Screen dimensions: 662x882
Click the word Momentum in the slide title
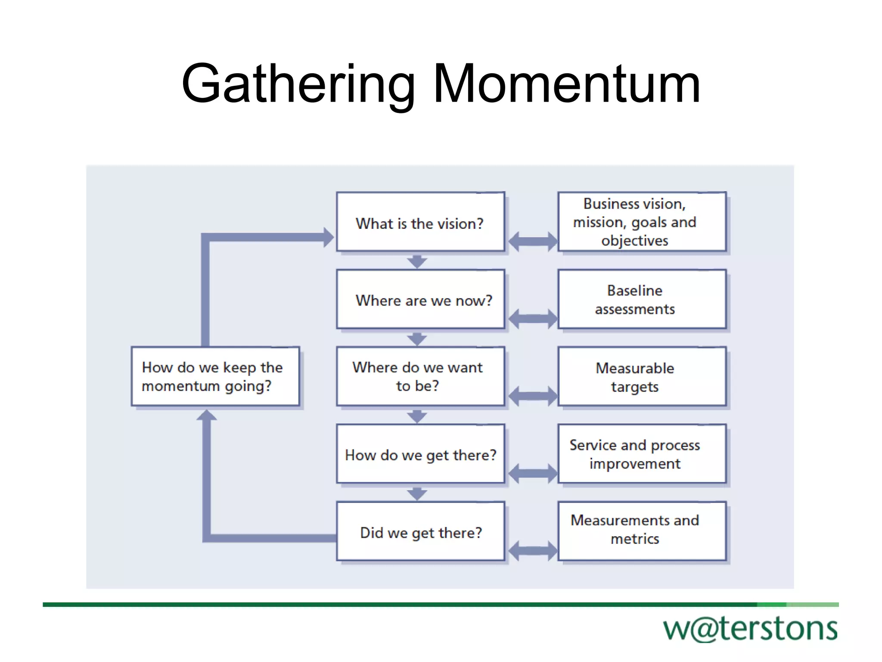point(567,84)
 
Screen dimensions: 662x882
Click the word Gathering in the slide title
point(298,84)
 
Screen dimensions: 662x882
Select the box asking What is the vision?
point(420,222)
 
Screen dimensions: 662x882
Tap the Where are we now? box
point(420,300)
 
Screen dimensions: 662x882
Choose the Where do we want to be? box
point(420,376)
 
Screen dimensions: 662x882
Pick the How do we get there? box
point(420,454)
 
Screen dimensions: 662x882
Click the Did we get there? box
point(420,531)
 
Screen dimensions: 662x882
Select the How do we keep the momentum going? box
point(215,376)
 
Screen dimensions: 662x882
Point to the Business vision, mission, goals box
point(642,222)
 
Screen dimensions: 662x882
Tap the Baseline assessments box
point(642,300)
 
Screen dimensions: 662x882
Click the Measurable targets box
point(642,376)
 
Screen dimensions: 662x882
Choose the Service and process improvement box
point(642,454)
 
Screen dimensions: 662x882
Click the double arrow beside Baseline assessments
point(533,319)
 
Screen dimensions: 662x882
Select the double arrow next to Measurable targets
point(533,396)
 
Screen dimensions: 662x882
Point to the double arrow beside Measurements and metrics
point(533,551)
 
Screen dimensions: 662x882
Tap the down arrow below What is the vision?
point(417,261)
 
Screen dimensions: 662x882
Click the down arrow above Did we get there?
point(417,493)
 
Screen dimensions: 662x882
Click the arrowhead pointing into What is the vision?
point(329,237)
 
